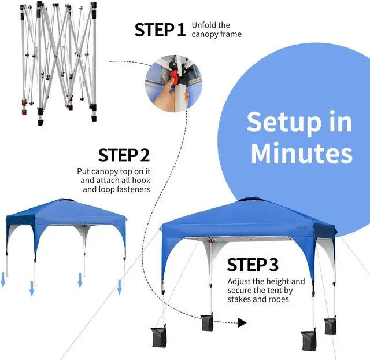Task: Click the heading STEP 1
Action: tap(160, 30)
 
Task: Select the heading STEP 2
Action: tap(124, 155)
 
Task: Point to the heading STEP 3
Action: tap(253, 265)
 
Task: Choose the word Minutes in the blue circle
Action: tap(301, 153)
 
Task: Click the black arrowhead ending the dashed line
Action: tap(242, 323)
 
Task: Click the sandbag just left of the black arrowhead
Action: tap(206, 322)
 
